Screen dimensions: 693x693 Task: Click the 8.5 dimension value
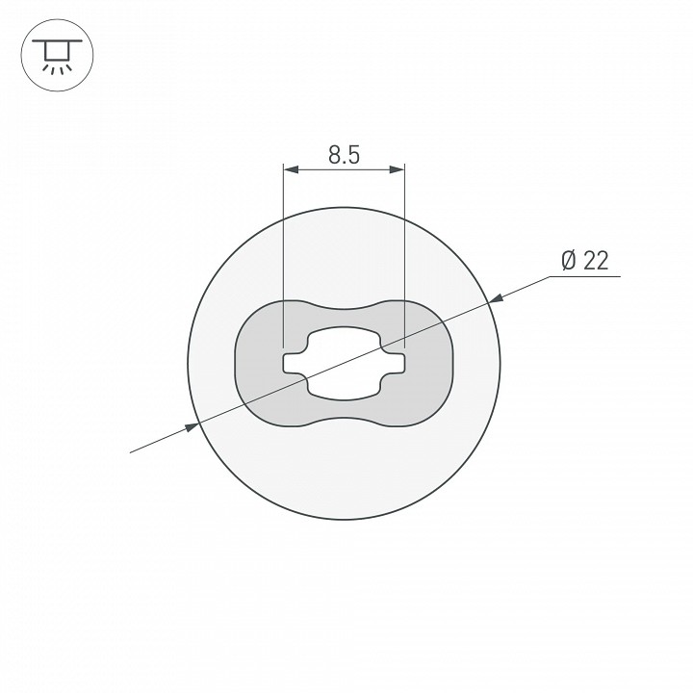(x=343, y=154)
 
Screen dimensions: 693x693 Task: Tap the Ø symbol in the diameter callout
(x=567, y=261)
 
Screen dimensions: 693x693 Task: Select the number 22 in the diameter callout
(x=596, y=261)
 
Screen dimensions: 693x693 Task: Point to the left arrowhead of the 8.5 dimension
(x=290, y=170)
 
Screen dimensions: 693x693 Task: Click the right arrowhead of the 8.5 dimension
(x=397, y=170)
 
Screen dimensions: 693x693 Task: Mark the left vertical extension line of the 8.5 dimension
(x=283, y=250)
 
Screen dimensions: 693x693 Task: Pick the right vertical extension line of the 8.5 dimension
(x=403, y=250)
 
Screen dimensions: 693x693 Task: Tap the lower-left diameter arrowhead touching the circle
(x=192, y=425)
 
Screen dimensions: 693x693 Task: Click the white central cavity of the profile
(x=343, y=363)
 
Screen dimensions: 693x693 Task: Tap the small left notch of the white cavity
(x=291, y=363)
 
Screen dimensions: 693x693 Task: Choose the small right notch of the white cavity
(x=396, y=363)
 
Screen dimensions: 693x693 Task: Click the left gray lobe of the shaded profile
(x=258, y=363)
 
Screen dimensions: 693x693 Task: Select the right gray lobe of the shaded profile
(x=429, y=363)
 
